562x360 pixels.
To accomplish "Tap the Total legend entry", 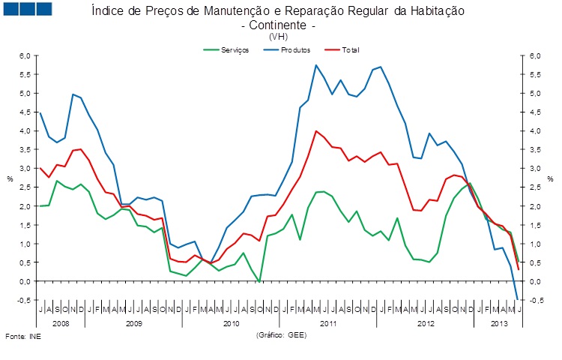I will tap(350, 49).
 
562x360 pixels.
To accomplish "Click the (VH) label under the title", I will tap(278, 36).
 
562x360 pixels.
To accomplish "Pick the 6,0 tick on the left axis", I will tap(25, 56).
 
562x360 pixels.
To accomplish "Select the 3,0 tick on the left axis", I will tap(25, 169).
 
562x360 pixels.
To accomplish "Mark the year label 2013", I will tap(496, 322).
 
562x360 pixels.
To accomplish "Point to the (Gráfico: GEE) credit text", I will tap(280, 334).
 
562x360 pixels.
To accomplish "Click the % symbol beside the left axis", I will tap(10, 178).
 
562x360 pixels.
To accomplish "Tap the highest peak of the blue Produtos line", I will tap(315, 65).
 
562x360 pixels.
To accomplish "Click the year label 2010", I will tap(232, 322).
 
